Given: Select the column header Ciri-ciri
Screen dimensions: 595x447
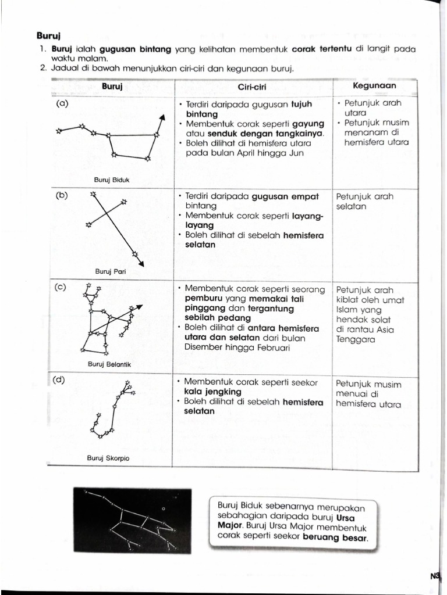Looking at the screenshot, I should coord(253,87).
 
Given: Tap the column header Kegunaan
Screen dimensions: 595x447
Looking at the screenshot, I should coord(375,85).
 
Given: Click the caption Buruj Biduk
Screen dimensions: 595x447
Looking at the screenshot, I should coord(112,180).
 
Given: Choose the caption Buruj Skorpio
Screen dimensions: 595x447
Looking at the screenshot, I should coord(108,458).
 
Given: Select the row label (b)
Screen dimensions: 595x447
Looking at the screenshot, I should coord(62,195).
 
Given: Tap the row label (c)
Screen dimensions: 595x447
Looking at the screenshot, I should coord(61,287).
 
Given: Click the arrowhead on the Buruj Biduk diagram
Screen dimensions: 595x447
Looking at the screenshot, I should coord(162,117).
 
